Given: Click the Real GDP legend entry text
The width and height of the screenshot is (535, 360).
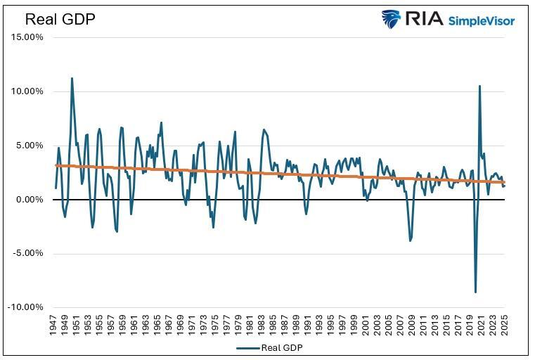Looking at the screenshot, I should pyautogui.click(x=282, y=347).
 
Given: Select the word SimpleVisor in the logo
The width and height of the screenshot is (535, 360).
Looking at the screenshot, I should pyautogui.click(x=482, y=20).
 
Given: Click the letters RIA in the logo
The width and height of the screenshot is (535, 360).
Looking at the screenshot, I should pyautogui.click(x=423, y=19).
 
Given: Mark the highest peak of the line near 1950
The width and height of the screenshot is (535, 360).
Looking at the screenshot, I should pyautogui.click(x=72, y=78).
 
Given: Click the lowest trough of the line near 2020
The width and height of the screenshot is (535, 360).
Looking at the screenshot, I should pyautogui.click(x=475, y=292).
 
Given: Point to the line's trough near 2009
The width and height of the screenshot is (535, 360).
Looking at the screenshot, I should pyautogui.click(x=411, y=241).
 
